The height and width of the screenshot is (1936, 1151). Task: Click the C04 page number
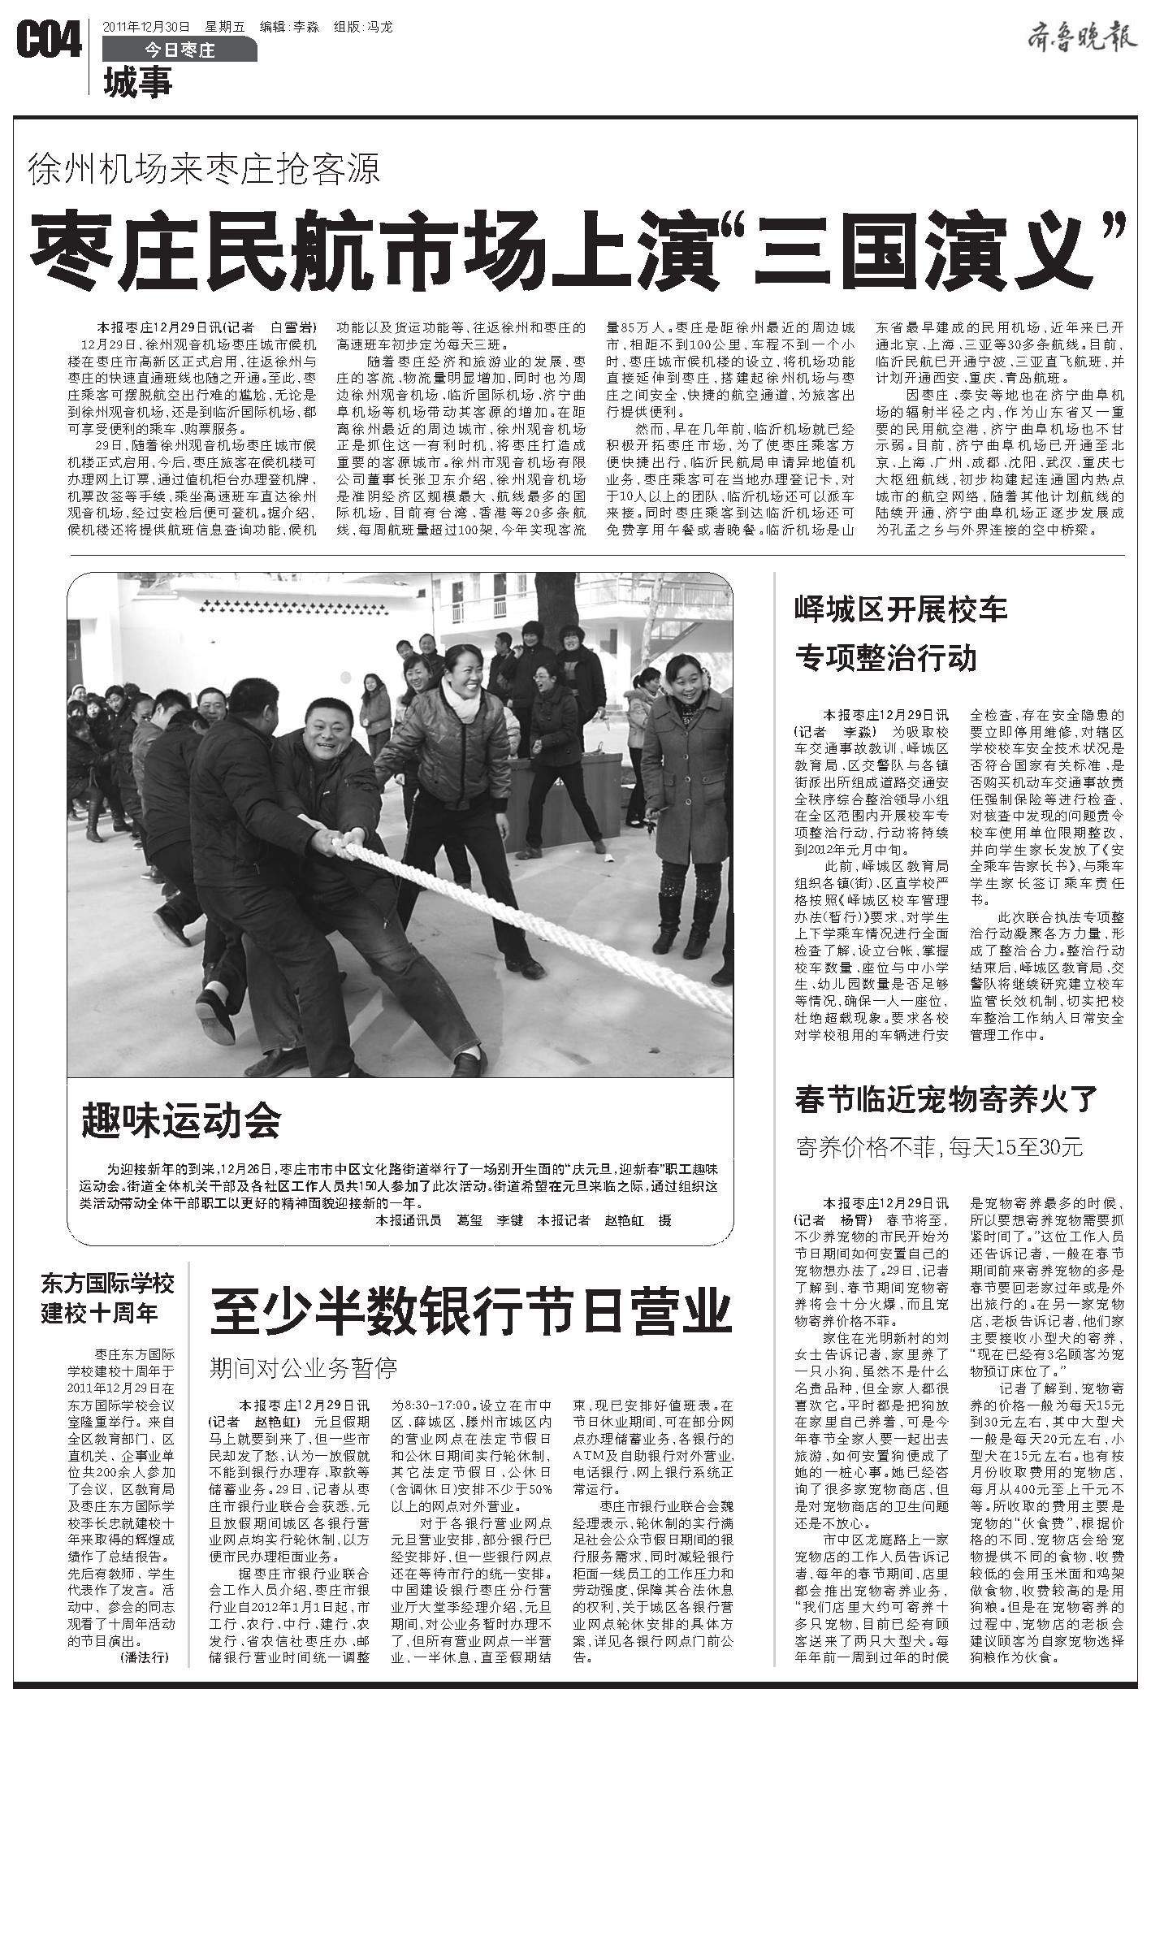click(x=49, y=41)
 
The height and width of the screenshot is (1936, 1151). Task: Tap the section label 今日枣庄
click(x=180, y=50)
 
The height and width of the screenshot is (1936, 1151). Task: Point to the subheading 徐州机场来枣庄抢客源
click(x=204, y=168)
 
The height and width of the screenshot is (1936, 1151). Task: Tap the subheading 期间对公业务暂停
click(x=304, y=1367)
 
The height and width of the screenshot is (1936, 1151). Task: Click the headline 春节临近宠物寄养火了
click(x=947, y=1100)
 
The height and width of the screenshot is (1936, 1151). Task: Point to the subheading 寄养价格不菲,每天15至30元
click(x=939, y=1147)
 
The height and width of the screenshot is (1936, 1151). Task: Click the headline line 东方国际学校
click(x=108, y=1284)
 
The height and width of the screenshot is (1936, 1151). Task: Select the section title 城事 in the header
click(x=138, y=82)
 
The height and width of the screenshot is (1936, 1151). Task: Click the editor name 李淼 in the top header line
click(x=305, y=27)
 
